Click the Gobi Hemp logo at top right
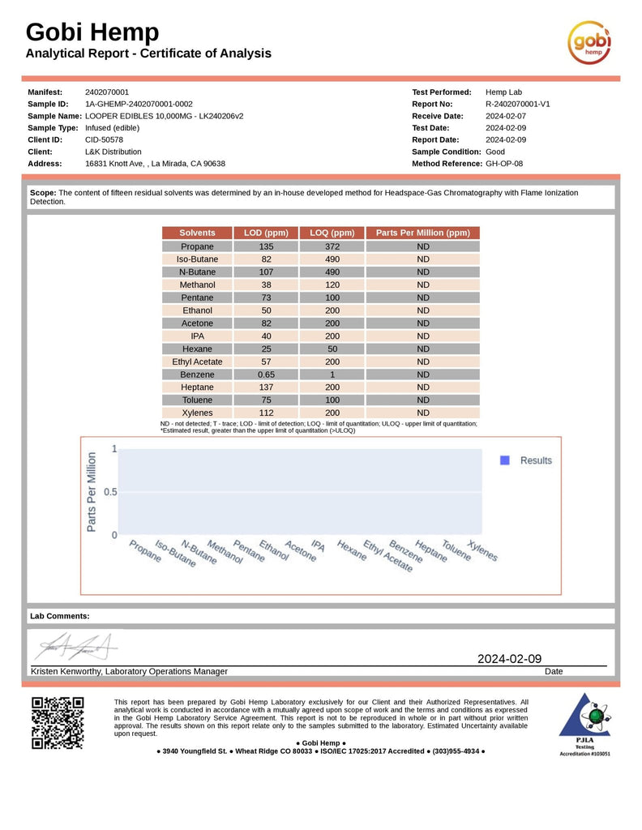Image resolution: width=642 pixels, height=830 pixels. pos(588,42)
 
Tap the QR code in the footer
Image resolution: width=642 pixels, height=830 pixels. pos(57,722)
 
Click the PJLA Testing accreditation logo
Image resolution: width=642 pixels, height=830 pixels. pos(584,723)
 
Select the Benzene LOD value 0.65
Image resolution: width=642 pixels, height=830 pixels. pos(266,374)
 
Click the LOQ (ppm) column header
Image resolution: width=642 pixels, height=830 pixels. pos(332,233)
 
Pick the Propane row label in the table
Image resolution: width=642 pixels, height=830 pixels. pos(197,246)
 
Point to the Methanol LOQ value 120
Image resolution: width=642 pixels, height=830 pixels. pos(332,285)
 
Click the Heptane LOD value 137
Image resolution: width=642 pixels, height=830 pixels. pos(266,387)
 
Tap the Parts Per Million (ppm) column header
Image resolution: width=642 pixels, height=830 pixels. pos(422,233)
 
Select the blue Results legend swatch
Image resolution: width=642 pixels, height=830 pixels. pos(504,460)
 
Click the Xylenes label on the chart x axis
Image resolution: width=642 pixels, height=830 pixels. pos(482,551)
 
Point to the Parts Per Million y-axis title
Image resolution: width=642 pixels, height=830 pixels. pos(92,492)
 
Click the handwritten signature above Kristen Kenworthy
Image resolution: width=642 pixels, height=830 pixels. pos(75,646)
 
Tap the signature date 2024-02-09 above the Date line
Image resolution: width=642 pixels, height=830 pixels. pos(509,659)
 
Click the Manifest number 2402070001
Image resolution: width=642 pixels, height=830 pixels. pos(107,92)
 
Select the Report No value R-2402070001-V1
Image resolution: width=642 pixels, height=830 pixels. pos(518,104)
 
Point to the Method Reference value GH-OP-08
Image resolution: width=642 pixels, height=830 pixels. pos(504,163)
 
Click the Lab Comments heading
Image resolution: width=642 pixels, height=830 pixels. pos(60,616)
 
